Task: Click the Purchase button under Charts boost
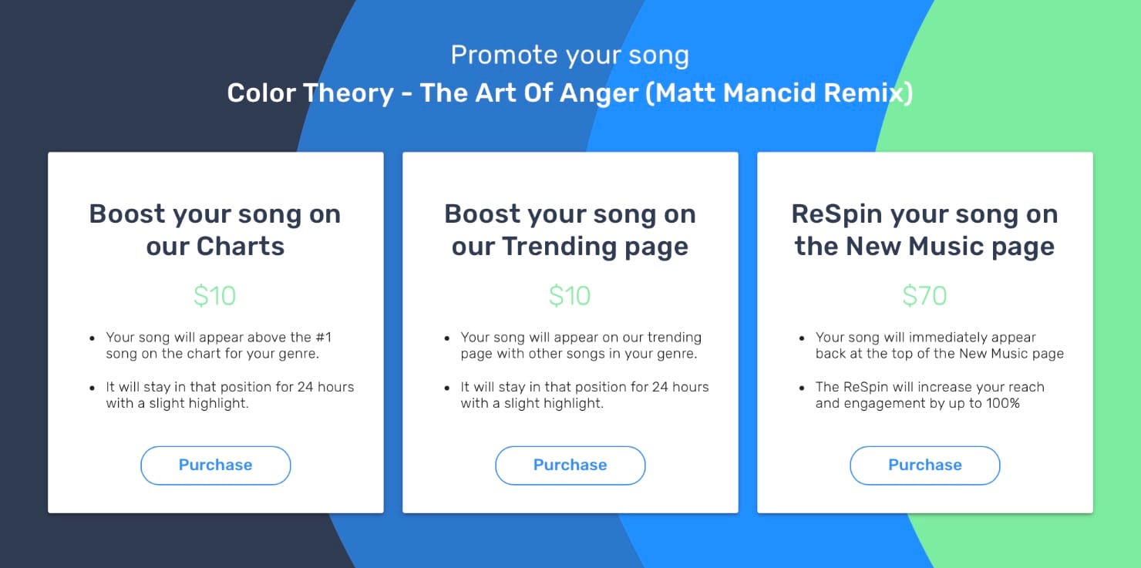215,465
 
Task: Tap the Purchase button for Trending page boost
570,465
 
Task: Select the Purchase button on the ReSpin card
924,465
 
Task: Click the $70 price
924,296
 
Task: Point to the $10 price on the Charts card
215,296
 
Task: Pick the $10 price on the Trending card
570,296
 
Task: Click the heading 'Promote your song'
570,55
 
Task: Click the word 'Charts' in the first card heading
241,247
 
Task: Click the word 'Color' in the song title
261,93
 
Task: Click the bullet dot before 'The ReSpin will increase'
803,388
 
